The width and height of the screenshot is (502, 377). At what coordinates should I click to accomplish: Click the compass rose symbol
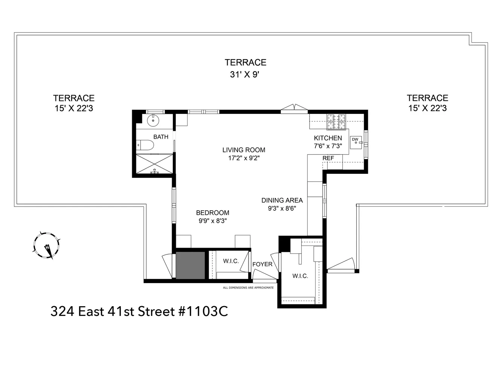click(46, 245)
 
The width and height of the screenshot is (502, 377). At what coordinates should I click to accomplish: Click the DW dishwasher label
click(355, 139)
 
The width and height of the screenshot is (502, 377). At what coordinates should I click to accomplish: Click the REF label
click(328, 158)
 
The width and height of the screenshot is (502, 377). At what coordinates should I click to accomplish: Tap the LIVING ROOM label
click(244, 150)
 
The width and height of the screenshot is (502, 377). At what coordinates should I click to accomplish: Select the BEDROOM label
click(212, 213)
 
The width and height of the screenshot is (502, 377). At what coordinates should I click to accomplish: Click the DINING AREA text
click(282, 201)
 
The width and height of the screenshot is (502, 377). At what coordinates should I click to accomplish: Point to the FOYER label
click(262, 264)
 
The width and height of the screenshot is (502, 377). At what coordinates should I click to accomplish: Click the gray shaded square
click(190, 265)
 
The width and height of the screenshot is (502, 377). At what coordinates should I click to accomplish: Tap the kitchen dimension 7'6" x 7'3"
click(328, 146)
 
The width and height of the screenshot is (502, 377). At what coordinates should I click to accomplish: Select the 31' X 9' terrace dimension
click(245, 74)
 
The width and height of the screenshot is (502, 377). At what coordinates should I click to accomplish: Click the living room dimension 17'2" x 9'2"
click(244, 158)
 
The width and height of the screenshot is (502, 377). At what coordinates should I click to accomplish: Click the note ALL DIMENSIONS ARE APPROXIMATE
click(248, 288)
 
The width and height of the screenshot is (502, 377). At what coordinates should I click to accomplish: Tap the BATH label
click(161, 137)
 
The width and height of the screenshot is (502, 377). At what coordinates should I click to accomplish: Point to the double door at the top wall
click(294, 109)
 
